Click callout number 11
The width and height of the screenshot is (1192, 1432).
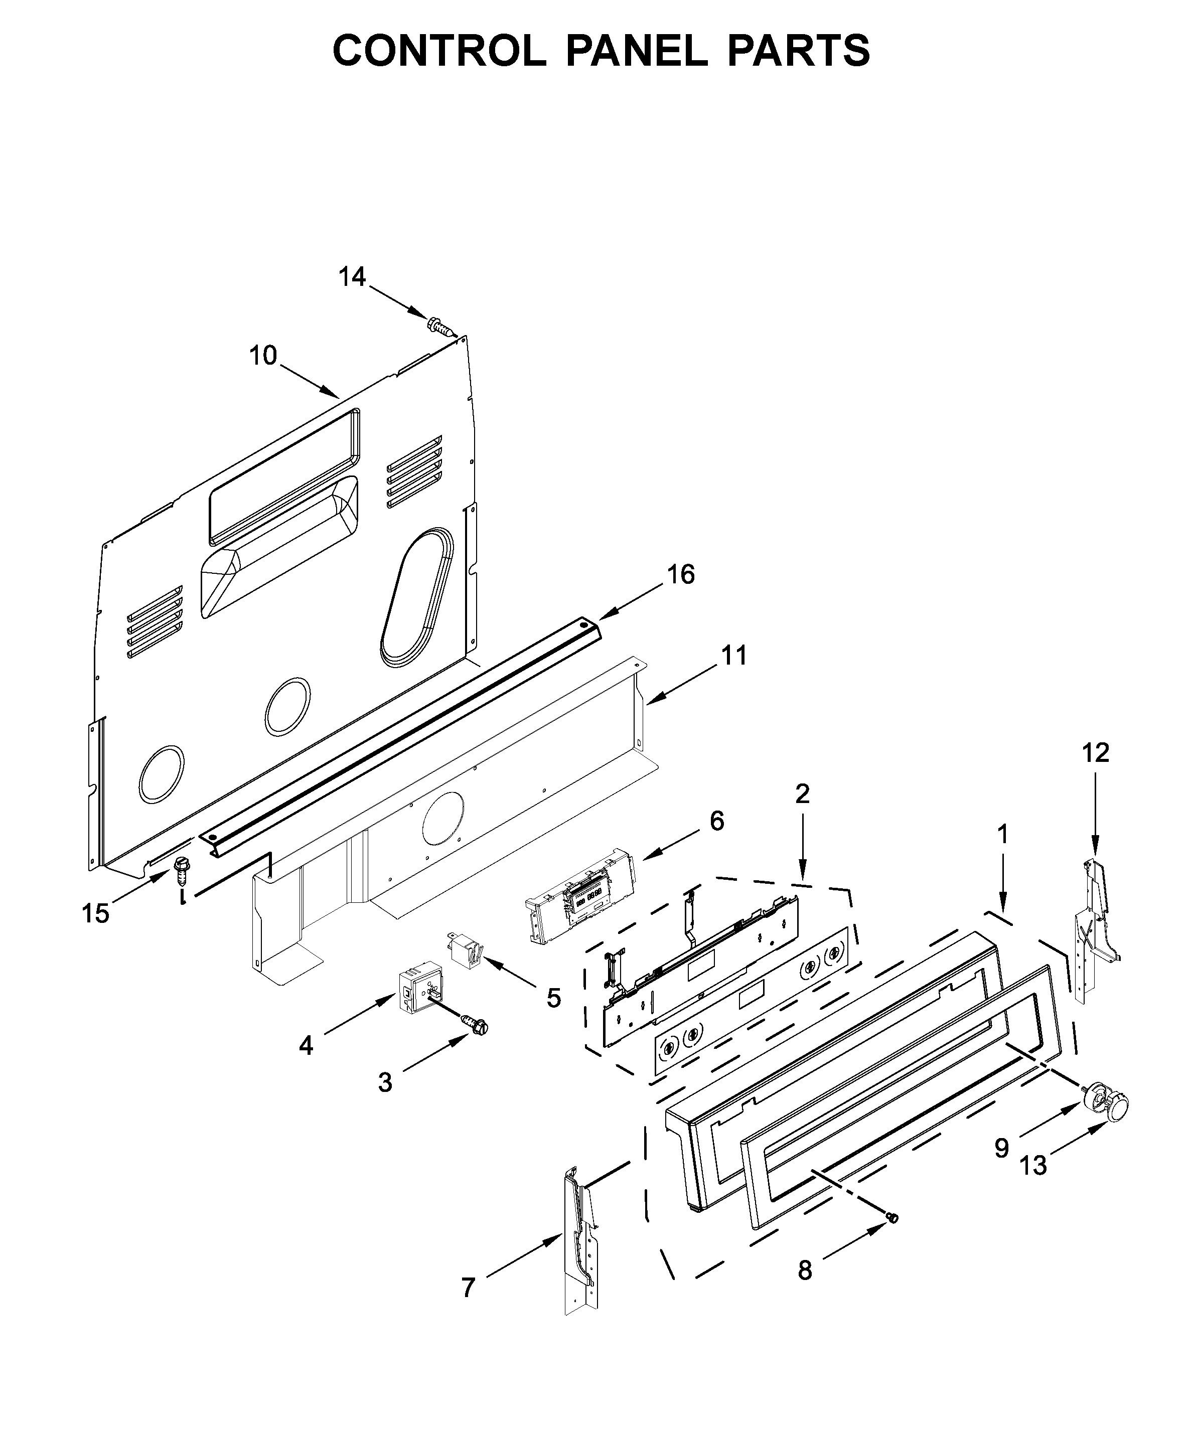point(734,656)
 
